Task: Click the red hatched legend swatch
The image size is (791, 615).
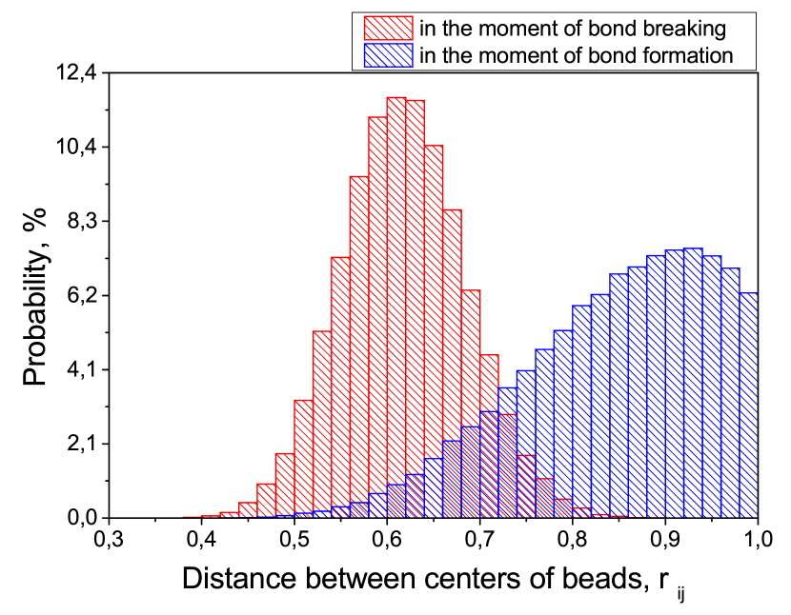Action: click(x=388, y=29)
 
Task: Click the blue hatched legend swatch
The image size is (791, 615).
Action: click(x=388, y=55)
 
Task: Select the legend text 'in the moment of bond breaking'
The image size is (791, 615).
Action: click(x=573, y=29)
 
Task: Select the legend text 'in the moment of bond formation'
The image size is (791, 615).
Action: click(x=577, y=55)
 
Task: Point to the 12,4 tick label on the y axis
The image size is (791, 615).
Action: click(x=76, y=73)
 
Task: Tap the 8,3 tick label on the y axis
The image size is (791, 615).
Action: click(x=82, y=222)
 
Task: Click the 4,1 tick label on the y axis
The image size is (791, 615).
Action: click(x=82, y=370)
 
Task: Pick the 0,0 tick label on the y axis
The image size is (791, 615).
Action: click(x=82, y=518)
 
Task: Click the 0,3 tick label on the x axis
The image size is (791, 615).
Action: click(x=109, y=539)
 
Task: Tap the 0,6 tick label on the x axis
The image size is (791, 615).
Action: click(x=387, y=539)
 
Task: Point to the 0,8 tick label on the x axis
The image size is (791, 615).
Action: click(x=573, y=539)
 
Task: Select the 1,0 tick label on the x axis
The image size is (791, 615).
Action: click(x=757, y=539)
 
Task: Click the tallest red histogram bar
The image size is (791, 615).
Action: click(x=396, y=307)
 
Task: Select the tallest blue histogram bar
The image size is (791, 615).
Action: click(x=693, y=383)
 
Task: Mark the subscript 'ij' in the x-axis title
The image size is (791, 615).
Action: click(x=680, y=595)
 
